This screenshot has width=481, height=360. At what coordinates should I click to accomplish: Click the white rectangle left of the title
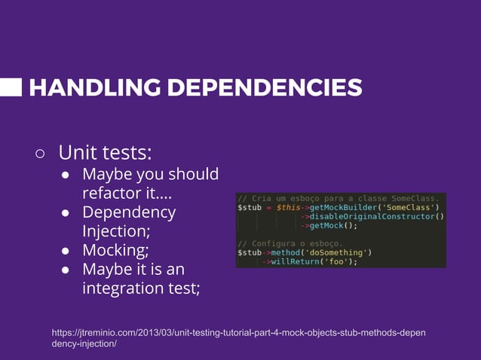point(11,87)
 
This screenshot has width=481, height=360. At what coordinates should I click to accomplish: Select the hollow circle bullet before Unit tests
point(40,154)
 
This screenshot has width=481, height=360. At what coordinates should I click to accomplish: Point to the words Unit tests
point(105,153)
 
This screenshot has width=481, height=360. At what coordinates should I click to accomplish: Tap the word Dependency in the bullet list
point(128,212)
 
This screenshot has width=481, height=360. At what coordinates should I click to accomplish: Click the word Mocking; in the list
point(115,250)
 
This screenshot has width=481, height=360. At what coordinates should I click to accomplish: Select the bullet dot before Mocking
point(66,251)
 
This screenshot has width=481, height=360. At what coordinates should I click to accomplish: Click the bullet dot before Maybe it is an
point(66,270)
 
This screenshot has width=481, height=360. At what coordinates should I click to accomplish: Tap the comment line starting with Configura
point(290,243)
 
